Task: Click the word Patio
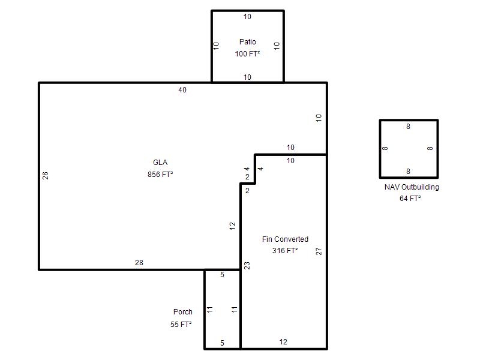pyautogui.click(x=247, y=41)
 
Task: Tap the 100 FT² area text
pyautogui.click(x=247, y=53)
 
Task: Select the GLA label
pyautogui.click(x=160, y=163)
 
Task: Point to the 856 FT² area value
pyautogui.click(x=160, y=174)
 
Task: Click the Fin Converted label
pyautogui.click(x=285, y=239)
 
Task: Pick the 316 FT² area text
pyautogui.click(x=285, y=250)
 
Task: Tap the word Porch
pyautogui.click(x=183, y=311)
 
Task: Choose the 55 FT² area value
pyautogui.click(x=181, y=324)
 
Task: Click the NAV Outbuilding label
pyautogui.click(x=412, y=187)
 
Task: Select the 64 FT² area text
pyautogui.click(x=410, y=199)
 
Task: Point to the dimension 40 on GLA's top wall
pyautogui.click(x=182, y=89)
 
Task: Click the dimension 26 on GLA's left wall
pyautogui.click(x=45, y=175)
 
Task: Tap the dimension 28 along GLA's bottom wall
pyautogui.click(x=139, y=262)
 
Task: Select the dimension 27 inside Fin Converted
pyautogui.click(x=319, y=251)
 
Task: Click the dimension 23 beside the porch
pyautogui.click(x=247, y=265)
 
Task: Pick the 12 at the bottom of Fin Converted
pyautogui.click(x=283, y=341)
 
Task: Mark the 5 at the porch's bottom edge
pyautogui.click(x=222, y=343)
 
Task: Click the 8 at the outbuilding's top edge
pyautogui.click(x=408, y=127)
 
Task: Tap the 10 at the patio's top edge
pyautogui.click(x=247, y=17)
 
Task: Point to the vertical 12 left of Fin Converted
pyautogui.click(x=232, y=226)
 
